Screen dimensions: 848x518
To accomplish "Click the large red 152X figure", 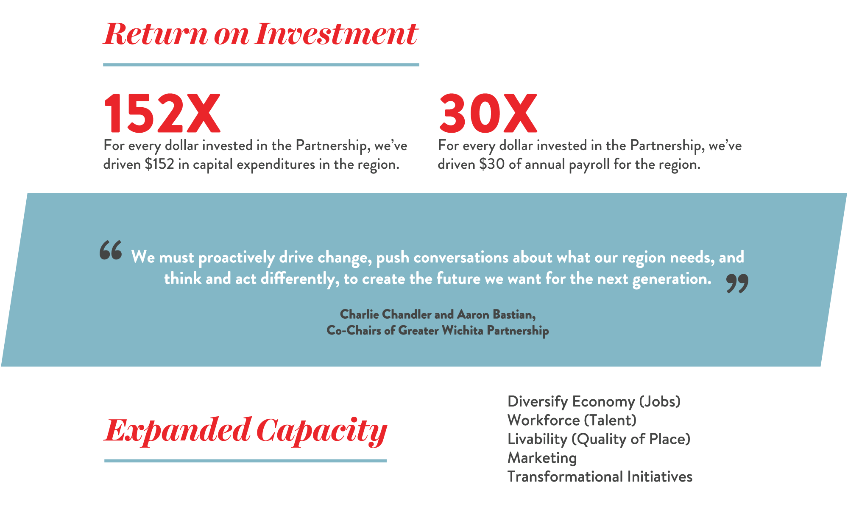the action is tap(162, 113).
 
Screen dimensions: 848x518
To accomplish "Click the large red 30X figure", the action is tap(488, 113).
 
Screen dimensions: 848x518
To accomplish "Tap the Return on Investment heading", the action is tap(261, 34).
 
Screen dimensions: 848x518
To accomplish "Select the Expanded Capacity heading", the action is tap(245, 431).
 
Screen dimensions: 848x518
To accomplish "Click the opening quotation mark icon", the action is tap(111, 250).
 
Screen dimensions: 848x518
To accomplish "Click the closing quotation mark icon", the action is tap(737, 283).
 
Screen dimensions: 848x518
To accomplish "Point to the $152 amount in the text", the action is tap(159, 164).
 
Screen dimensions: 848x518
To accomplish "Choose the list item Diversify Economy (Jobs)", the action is tap(594, 401).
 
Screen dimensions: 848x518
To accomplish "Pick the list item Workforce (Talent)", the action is tap(572, 420).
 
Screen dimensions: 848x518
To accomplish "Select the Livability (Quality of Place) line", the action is tap(599, 439).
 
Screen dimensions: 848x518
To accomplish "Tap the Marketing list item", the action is tap(542, 458).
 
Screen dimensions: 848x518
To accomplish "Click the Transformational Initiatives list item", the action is tap(600, 476).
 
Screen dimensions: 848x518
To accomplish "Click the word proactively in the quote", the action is tap(237, 257).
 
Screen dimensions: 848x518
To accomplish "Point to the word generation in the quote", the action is tap(672, 279).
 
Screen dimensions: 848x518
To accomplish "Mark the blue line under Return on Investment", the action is tap(261, 65).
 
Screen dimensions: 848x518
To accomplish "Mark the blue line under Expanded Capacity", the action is tap(245, 461).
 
